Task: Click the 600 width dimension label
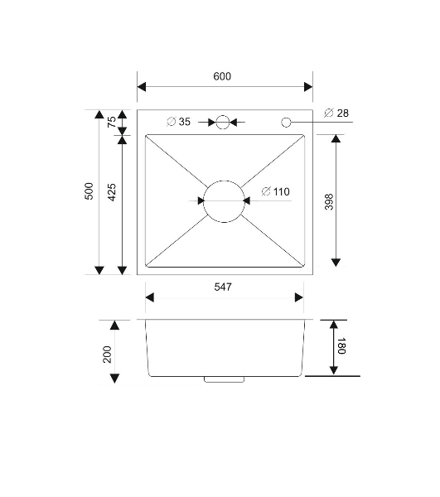point(222,76)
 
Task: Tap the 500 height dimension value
point(89,191)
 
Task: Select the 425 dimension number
point(112,192)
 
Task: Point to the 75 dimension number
point(112,122)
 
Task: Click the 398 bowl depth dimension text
point(330,202)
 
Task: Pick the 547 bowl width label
point(223,287)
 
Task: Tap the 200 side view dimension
point(107,355)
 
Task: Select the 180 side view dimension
point(341,346)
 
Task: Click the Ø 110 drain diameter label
point(275,192)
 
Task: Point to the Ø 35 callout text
point(178,122)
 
